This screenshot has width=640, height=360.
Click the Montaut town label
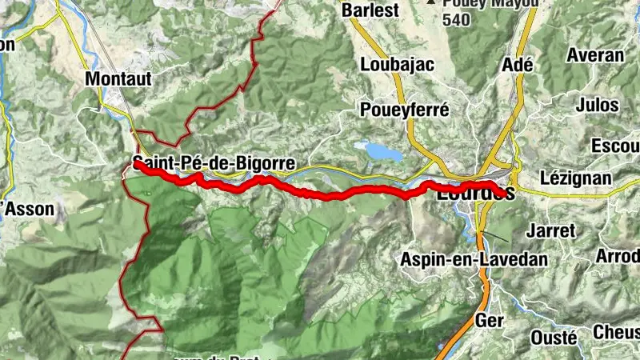click(x=118, y=79)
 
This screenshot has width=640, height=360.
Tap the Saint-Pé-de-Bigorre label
click(x=214, y=164)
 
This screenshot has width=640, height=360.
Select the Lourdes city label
click(x=475, y=193)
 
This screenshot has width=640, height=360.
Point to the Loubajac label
click(x=391, y=63)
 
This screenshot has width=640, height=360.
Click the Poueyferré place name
click(x=405, y=110)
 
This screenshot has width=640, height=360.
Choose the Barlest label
click(x=369, y=11)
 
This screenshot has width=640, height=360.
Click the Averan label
click(x=594, y=55)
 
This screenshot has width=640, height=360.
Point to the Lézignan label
click(x=576, y=178)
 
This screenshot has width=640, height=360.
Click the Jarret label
click(x=552, y=230)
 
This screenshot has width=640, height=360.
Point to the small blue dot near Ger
click(x=440, y=346)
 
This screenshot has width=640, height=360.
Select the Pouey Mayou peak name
click(x=480, y=3)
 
